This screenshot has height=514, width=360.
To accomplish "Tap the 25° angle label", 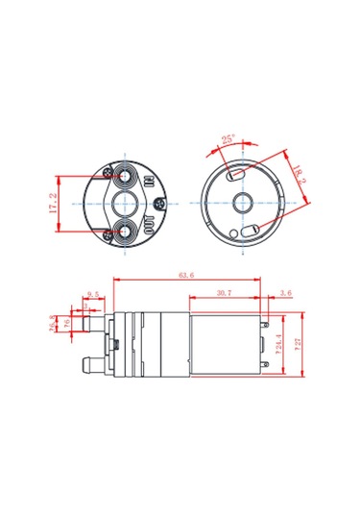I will (x=228, y=139).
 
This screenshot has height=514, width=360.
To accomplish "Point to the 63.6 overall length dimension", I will (x=185, y=276).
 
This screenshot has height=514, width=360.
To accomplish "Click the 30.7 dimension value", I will (x=224, y=292).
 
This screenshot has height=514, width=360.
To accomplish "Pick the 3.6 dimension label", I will (x=284, y=292).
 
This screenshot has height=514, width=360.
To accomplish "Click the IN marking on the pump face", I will (x=150, y=182).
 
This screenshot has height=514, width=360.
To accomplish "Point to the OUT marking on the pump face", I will (x=151, y=224).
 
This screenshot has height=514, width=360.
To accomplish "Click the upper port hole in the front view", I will (x=125, y=178).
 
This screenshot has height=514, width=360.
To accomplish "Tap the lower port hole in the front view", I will (x=125, y=231).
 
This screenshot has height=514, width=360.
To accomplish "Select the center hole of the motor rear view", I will (x=241, y=204).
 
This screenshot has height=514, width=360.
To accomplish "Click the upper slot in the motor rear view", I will (x=231, y=176).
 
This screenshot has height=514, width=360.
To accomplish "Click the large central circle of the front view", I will (x=126, y=204).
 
